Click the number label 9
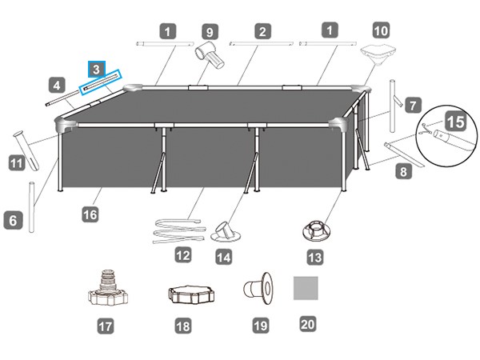click(210, 32)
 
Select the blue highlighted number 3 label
click(96, 70)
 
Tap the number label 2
click(262, 32)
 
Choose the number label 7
click(412, 105)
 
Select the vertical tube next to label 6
click(33, 206)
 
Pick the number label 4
click(55, 83)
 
